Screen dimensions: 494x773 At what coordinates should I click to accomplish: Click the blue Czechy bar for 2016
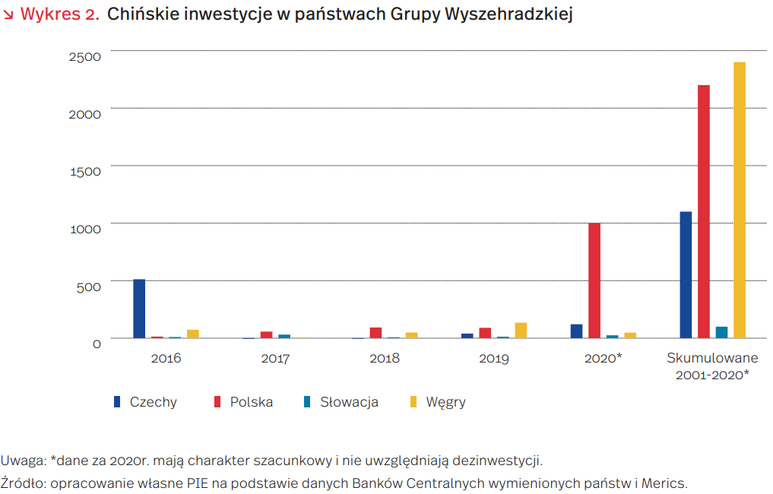pos(139,309)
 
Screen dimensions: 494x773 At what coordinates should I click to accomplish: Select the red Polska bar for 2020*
pos(594,280)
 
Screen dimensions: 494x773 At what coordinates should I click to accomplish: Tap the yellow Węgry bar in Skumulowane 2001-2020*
pos(740,200)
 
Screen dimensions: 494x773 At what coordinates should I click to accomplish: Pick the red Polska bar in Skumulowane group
pos(704,211)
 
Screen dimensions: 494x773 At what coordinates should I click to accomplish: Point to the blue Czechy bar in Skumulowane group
pos(686,274)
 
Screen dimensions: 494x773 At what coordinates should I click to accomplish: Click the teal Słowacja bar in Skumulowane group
pos(721,332)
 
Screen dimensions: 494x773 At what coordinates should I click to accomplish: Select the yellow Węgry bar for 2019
pos(521,330)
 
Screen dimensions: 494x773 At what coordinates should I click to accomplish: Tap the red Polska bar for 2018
pos(375,332)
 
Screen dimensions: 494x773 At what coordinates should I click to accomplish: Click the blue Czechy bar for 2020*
pos(576,331)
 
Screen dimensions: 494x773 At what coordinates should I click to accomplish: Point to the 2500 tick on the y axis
pos(84,56)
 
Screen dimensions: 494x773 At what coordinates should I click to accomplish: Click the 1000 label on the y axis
pos(84,229)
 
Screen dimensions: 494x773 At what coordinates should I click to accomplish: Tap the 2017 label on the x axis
pos(275,358)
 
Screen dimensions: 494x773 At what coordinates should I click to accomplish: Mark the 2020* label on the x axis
pos(603,357)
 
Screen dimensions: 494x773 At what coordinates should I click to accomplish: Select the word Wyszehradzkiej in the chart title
pos(514,14)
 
